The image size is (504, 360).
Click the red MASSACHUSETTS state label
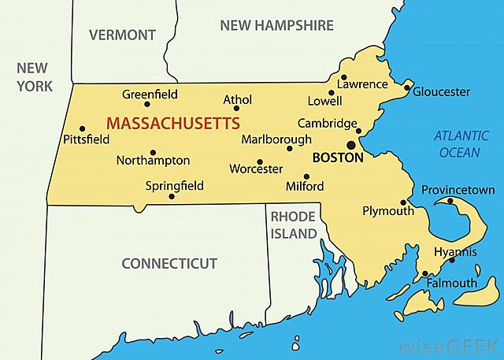click(x=173, y=124)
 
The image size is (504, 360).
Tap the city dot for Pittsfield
click(x=82, y=128)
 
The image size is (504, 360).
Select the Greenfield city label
click(x=150, y=95)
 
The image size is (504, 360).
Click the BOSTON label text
click(x=338, y=158)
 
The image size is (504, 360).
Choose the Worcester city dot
click(x=260, y=161)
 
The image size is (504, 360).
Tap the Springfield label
click(x=175, y=186)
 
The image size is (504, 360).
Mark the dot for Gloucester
click(x=407, y=88)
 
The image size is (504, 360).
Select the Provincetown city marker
click(x=450, y=200)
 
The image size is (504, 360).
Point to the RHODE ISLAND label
click(x=293, y=225)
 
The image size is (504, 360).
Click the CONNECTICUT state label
click(x=169, y=262)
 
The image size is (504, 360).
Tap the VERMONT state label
click(x=122, y=35)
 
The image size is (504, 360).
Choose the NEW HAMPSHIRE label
click(x=276, y=25)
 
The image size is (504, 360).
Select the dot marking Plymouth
click(x=404, y=201)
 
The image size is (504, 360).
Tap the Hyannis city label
click(x=456, y=252)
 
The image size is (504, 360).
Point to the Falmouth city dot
click(x=425, y=274)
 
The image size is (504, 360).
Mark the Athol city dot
click(x=236, y=108)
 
